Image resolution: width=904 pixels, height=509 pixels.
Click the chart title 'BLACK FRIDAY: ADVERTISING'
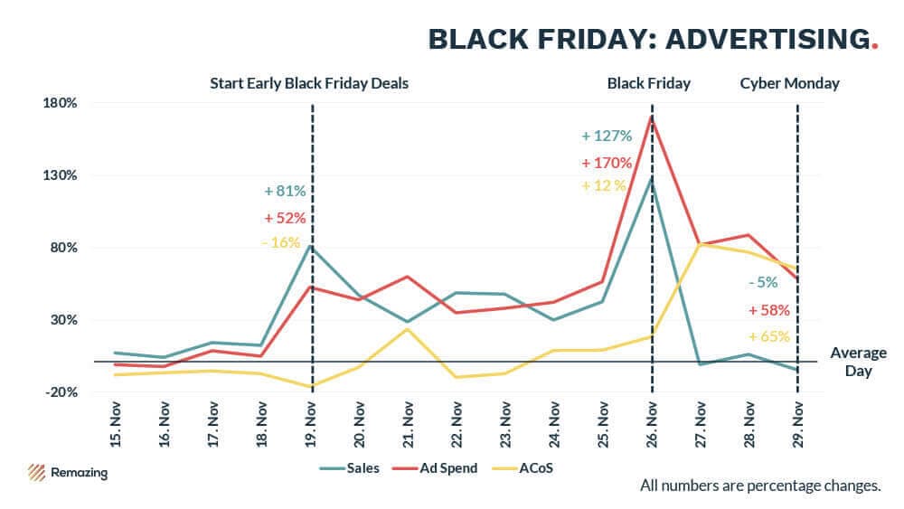647,39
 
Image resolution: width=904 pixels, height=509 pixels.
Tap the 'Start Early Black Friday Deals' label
309,83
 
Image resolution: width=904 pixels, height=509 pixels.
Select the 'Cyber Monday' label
789,83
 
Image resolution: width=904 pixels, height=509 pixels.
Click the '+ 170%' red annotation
606,163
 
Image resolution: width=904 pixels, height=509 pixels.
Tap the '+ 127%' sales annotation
606,137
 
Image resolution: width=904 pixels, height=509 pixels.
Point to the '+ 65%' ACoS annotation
769,336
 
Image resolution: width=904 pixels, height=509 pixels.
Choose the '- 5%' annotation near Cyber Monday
763,282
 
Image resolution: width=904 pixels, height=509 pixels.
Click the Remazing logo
67,472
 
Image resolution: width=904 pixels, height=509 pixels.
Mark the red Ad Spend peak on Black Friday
652,117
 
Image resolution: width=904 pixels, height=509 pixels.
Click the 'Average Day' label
858,362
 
